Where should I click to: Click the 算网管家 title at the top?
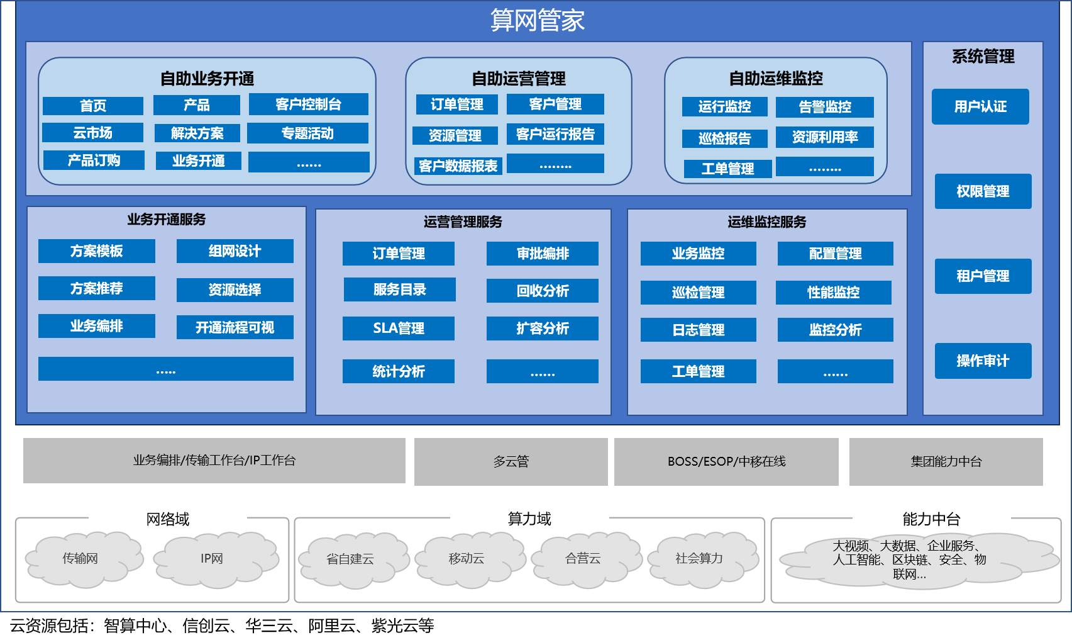pos(537,21)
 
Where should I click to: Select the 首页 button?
pos(93,106)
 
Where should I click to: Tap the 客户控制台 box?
pos(308,104)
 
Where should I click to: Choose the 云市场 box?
pos(92,133)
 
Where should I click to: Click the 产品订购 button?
pos(94,160)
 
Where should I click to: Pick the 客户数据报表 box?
pos(458,166)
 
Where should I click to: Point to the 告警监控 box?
pos(824,107)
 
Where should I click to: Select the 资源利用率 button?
pos(824,137)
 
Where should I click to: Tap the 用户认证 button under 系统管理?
pos(980,107)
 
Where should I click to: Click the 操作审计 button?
pos(983,361)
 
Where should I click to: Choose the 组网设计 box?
pos(235,251)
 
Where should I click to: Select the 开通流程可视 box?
pos(235,327)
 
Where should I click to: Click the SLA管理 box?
pos(398,328)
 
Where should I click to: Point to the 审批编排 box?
pos(542,254)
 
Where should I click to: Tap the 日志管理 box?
pos(698,330)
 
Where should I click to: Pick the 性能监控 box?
pos(833,293)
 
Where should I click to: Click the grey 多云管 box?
pos(511,462)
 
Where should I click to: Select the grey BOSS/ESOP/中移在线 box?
pos(726,462)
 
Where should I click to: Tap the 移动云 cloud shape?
pos(467,559)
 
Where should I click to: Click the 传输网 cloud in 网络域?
pos(80,559)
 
